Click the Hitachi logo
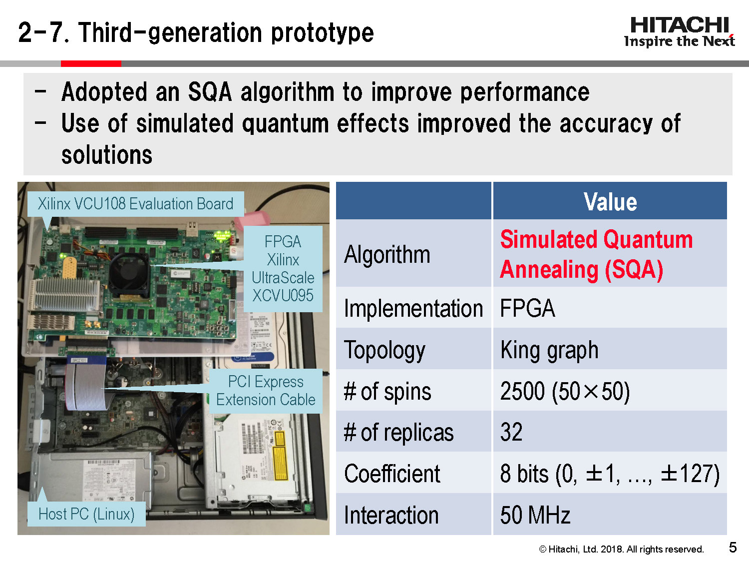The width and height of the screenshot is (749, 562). pyautogui.click(x=679, y=32)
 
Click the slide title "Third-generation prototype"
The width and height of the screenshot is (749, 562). pyautogui.click(x=196, y=33)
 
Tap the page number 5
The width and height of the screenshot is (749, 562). pyautogui.click(x=733, y=548)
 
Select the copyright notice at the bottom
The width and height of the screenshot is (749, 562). pyautogui.click(x=621, y=549)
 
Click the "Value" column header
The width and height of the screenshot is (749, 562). pyautogui.click(x=610, y=202)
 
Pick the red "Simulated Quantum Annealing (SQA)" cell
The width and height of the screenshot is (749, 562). pyautogui.click(x=596, y=254)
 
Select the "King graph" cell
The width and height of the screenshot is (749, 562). pyautogui.click(x=549, y=350)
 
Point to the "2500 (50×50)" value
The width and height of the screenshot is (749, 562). pyautogui.click(x=565, y=391)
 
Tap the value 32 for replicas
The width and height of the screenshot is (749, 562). pyautogui.click(x=511, y=432)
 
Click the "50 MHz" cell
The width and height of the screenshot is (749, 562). pyautogui.click(x=535, y=515)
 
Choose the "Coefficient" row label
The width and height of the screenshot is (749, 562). pyautogui.click(x=392, y=474)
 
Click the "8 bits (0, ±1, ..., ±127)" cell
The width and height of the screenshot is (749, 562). pyautogui.click(x=609, y=474)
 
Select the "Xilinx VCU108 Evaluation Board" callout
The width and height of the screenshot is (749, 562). pyautogui.click(x=135, y=204)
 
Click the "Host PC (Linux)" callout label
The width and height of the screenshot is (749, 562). pyautogui.click(x=86, y=514)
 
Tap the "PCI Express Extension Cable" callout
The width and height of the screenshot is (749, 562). pyautogui.click(x=266, y=391)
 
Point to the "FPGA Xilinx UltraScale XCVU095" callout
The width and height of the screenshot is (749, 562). pyautogui.click(x=283, y=269)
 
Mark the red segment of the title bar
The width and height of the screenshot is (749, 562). pyautogui.click(x=91, y=63)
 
